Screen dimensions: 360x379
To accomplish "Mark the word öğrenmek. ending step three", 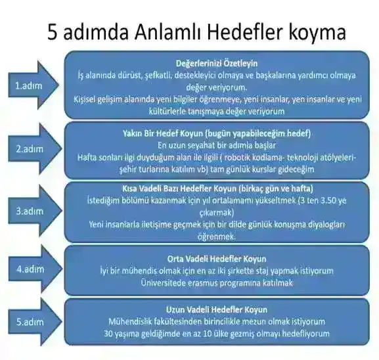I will (x=216, y=235).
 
